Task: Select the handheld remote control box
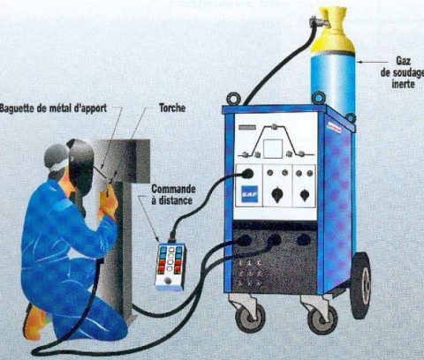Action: coord(170,266)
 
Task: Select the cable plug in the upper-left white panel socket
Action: coord(248,176)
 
